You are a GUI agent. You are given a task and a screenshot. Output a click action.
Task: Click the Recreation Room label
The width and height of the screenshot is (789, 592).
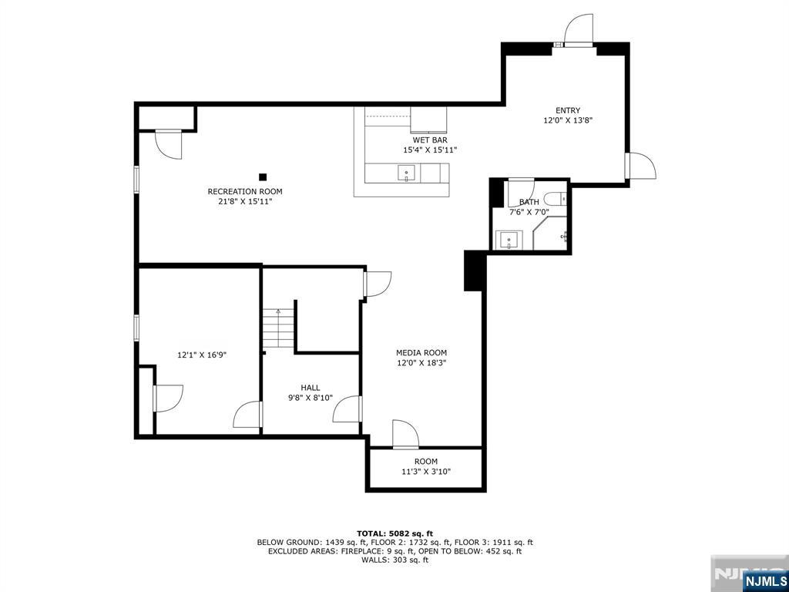(x=244, y=191)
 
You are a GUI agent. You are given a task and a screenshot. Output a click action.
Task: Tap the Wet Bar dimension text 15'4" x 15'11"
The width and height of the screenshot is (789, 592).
(x=430, y=150)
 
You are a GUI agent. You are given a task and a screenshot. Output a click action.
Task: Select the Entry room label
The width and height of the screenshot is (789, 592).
(x=568, y=110)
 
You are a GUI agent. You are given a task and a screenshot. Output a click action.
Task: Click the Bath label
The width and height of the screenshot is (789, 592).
(x=529, y=202)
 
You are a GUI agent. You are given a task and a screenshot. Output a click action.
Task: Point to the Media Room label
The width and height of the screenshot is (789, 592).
(x=421, y=352)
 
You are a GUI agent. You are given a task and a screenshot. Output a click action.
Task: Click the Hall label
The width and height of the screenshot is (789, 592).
(x=310, y=388)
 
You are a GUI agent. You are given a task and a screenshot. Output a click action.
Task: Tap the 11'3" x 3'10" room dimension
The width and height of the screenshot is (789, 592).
(x=425, y=472)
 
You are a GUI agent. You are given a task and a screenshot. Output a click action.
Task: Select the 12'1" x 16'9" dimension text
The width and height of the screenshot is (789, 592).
(x=201, y=355)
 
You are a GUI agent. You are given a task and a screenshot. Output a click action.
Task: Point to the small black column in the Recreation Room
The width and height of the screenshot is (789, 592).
(x=263, y=177)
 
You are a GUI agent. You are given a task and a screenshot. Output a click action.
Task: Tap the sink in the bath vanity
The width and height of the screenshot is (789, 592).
(x=509, y=240)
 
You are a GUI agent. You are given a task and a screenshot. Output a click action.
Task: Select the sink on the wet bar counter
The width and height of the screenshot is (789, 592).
(x=405, y=173)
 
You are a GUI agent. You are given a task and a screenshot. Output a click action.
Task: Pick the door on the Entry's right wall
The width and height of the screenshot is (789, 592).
(x=641, y=165)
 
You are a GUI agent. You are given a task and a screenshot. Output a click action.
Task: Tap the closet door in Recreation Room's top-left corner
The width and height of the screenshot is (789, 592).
(x=168, y=144)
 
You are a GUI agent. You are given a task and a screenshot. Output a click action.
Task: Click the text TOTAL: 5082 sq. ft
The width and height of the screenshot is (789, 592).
(x=394, y=533)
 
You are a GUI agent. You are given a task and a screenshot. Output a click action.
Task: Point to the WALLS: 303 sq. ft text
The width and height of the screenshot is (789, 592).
(x=394, y=560)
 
